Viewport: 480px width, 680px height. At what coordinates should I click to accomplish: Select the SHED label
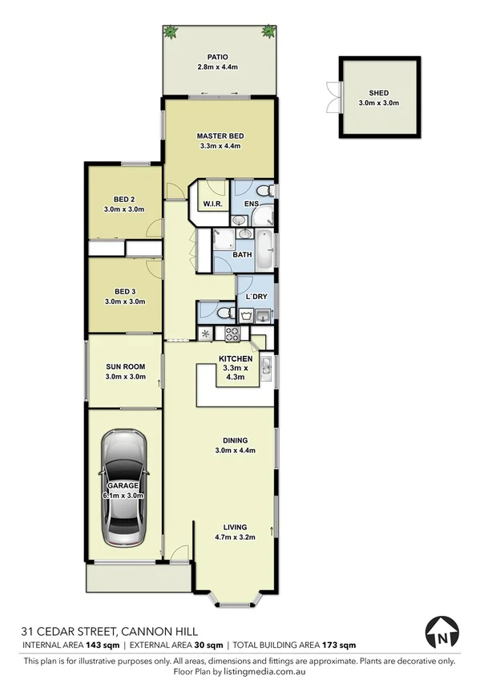pos(379,92)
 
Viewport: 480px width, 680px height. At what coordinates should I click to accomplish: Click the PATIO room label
pos(218,57)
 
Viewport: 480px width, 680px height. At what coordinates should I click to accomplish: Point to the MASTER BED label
pos(220,136)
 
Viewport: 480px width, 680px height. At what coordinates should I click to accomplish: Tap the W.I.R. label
pos(212,204)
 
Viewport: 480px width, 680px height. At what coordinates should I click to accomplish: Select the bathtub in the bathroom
pos(261,241)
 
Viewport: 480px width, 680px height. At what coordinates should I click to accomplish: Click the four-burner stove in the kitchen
pos(232,333)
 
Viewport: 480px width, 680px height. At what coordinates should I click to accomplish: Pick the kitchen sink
pos(268,368)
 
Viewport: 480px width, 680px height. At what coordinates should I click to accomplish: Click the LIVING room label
pos(235,527)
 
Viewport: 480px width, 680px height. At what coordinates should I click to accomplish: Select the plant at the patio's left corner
pos(171,32)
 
